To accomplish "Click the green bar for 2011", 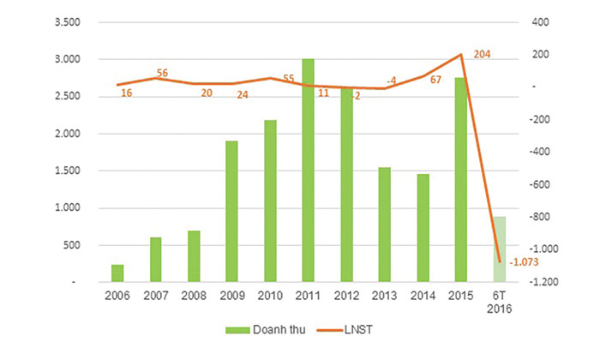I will (307, 171).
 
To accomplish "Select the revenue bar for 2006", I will (117, 273).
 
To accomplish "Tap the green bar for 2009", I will (231, 211).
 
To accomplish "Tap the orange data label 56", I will (162, 74).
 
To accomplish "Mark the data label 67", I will (435, 80).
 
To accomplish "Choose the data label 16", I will (126, 93).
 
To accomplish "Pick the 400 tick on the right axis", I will (539, 22).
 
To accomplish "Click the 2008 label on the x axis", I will (194, 296).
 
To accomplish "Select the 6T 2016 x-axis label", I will (499, 302).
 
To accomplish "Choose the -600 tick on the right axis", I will (541, 184).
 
